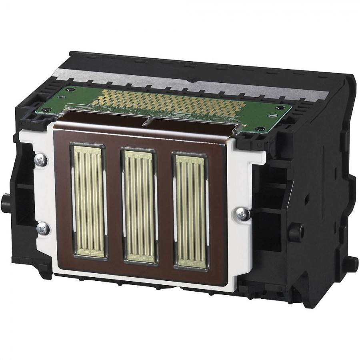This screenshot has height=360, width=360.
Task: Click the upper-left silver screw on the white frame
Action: click(x=41, y=160)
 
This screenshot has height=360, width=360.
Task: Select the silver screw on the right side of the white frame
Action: click(x=242, y=214)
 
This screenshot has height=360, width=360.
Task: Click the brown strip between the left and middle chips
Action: click(x=114, y=204)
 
